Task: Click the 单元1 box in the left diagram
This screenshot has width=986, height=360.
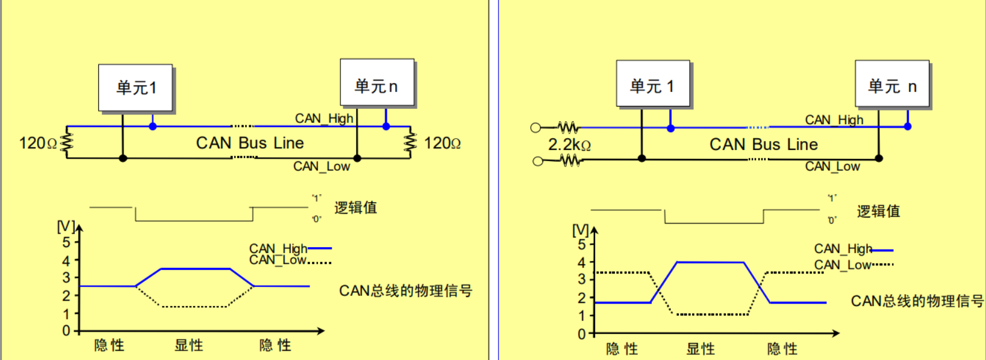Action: click(x=135, y=88)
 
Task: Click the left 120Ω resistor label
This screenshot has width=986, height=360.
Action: click(x=38, y=143)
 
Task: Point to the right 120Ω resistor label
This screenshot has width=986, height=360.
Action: click(x=442, y=143)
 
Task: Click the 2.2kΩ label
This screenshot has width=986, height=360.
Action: click(x=569, y=145)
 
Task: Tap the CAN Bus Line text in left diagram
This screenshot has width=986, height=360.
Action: click(x=250, y=143)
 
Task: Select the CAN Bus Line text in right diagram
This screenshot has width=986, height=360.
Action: click(x=763, y=144)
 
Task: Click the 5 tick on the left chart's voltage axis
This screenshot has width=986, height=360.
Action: click(x=66, y=242)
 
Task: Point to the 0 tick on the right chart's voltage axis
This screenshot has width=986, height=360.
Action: click(x=581, y=334)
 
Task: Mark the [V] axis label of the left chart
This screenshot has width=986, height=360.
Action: click(x=65, y=226)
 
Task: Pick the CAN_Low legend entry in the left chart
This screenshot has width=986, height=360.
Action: click(x=278, y=260)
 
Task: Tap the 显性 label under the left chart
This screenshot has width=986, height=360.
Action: click(x=189, y=345)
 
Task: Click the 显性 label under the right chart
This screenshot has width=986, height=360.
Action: click(x=701, y=349)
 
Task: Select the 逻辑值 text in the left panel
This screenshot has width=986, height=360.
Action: click(x=355, y=208)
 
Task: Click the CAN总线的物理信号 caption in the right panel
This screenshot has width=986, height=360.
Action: click(x=917, y=301)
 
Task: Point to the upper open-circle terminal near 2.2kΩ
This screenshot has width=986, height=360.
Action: click(x=535, y=128)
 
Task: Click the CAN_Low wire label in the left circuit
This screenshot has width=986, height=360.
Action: click(x=322, y=166)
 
